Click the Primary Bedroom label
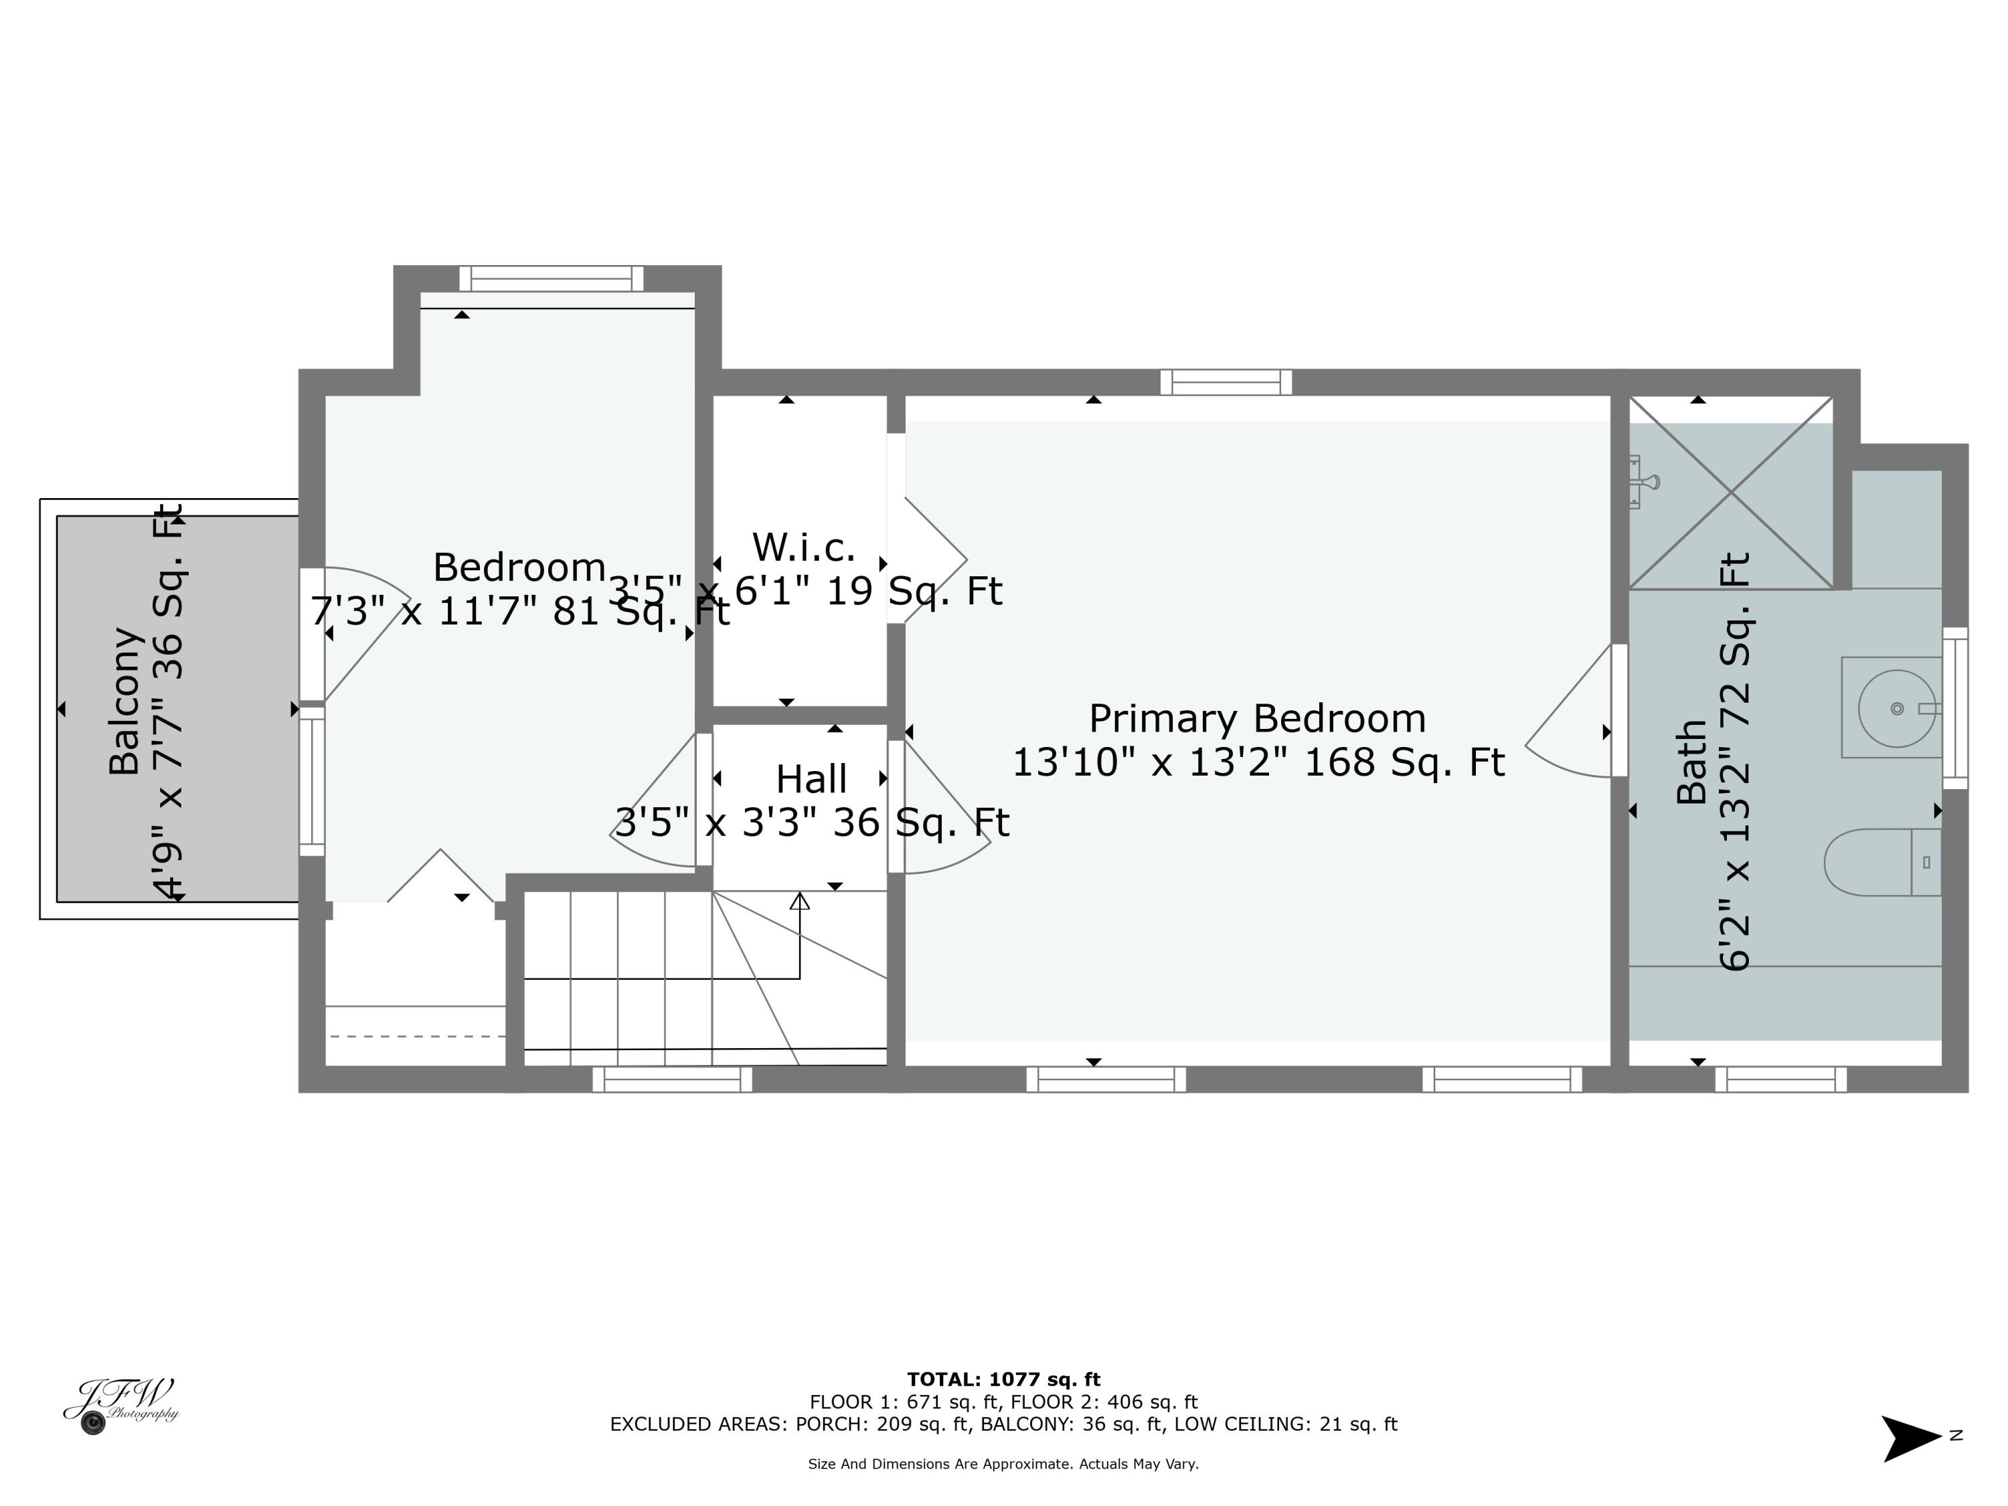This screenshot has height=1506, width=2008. coord(1257,719)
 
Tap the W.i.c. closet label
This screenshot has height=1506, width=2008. coord(805,548)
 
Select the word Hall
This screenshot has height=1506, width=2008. coord(811,779)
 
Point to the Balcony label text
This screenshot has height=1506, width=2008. coord(125,701)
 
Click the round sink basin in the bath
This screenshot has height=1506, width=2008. coord(1896,708)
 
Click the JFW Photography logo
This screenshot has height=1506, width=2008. coord(120,1405)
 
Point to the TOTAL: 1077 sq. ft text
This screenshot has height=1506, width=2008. coord(1003,1379)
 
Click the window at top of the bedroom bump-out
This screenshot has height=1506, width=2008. coord(551,278)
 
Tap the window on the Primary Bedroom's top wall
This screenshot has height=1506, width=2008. coord(1226,382)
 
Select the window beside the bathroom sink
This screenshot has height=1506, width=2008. coord(1954,708)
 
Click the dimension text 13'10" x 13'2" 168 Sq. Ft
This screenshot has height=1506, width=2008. coord(1258,762)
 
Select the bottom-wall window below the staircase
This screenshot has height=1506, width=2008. coord(672,1080)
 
